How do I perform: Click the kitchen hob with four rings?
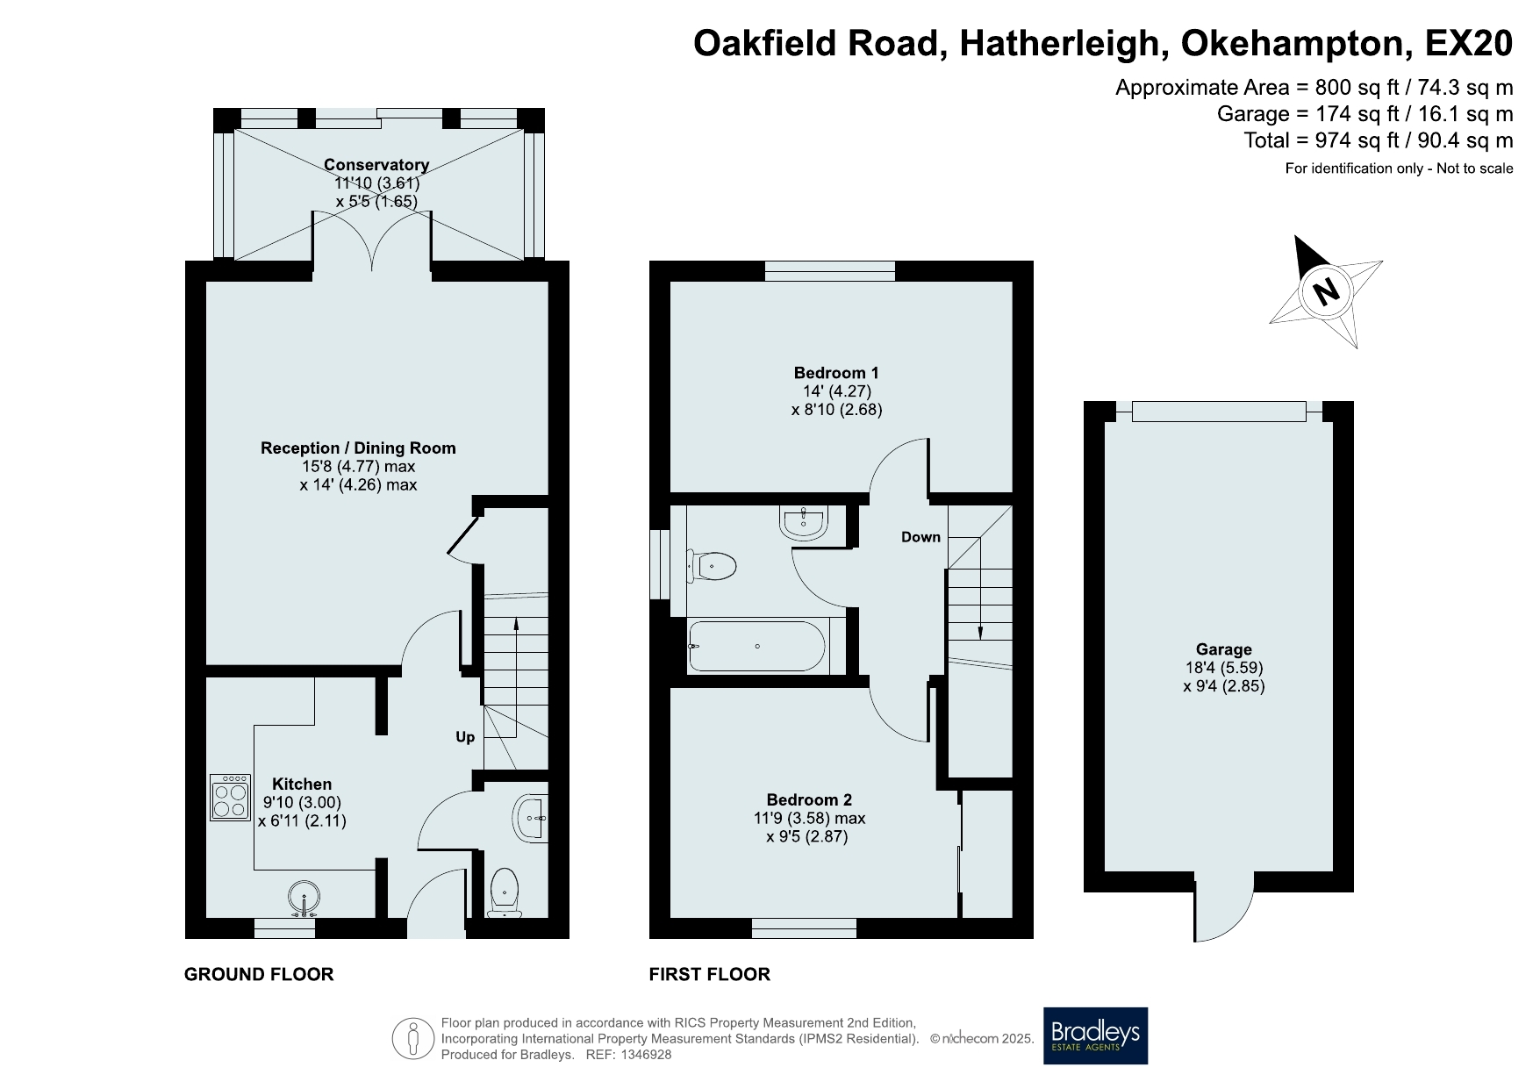231,797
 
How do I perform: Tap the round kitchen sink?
304,899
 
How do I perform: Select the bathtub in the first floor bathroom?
757,646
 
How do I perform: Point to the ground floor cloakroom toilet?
505,892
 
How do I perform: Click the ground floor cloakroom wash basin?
529,818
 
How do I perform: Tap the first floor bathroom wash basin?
802,523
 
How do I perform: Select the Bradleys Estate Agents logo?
1095,1035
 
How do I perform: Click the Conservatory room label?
376,165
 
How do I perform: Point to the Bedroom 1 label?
836,373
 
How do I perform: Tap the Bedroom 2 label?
809,799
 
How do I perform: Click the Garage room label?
1224,649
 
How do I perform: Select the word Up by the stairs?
465,737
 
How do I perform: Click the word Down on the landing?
920,537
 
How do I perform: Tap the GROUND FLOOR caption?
259,974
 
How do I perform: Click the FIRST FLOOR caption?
710,974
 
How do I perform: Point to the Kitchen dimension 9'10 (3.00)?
303,802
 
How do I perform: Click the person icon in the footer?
413,1038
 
